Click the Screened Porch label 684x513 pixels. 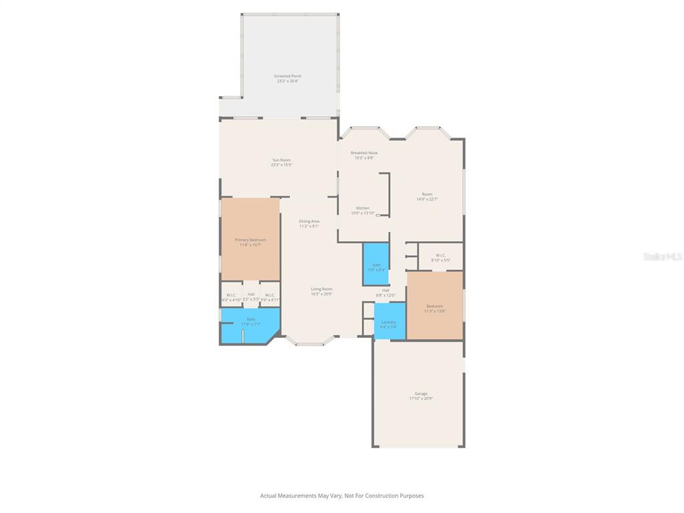287,76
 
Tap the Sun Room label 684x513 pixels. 281,160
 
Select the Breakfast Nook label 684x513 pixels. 364,153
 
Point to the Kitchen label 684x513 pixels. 363,208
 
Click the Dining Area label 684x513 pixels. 309,221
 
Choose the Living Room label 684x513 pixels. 321,289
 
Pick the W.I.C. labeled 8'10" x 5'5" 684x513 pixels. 440,257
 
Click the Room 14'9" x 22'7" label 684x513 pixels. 427,194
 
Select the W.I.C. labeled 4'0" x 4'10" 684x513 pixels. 231,297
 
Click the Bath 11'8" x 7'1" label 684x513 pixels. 250,319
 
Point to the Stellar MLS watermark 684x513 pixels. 663,256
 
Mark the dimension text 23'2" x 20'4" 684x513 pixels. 288,81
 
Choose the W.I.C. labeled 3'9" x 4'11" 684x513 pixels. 270,297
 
